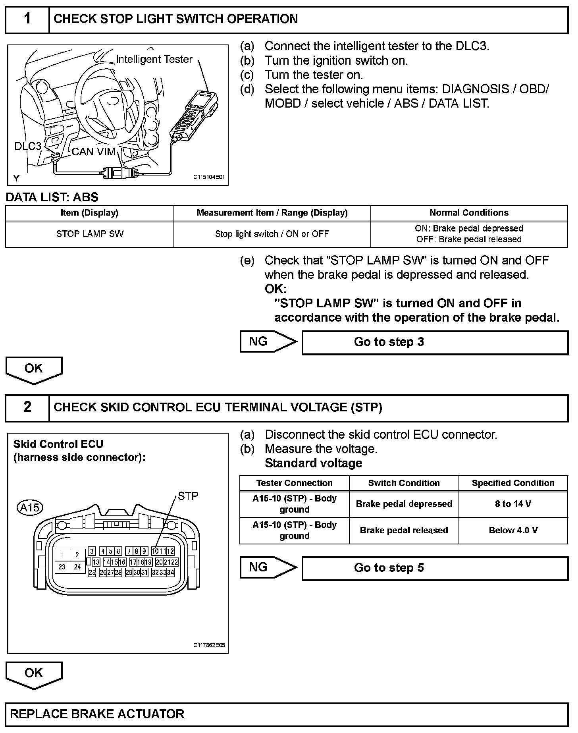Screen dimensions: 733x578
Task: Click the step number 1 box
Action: coord(27,19)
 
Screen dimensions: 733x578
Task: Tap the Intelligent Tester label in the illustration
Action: coord(154,59)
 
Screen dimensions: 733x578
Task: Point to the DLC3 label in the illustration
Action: coord(28,146)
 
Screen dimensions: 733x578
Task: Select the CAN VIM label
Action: coord(94,151)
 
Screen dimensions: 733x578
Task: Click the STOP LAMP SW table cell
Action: coord(90,234)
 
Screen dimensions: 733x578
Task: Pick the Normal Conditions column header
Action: coord(469,213)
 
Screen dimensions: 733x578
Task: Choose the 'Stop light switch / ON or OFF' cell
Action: coord(272,234)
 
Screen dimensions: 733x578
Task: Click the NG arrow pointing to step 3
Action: coord(268,341)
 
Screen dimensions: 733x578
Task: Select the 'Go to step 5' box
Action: coord(435,568)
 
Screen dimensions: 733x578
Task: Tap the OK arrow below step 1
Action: coord(34,369)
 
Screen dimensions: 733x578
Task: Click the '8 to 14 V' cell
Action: coord(513,504)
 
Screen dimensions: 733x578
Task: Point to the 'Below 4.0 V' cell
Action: coord(513,530)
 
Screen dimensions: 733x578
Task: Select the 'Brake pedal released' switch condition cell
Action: coord(404,530)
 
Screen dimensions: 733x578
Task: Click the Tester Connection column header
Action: coord(294,483)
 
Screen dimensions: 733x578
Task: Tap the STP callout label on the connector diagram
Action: coord(188,496)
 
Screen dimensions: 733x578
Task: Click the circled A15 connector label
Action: coord(30,507)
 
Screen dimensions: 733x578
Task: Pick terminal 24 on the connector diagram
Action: coord(77,567)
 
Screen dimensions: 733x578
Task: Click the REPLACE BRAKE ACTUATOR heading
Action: coord(97,714)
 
